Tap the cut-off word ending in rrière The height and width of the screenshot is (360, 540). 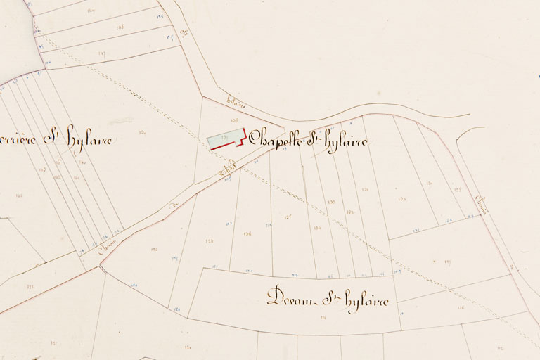19,139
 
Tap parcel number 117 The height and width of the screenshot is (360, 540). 447,262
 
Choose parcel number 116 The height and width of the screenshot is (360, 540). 461,307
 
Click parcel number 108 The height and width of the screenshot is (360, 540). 120,27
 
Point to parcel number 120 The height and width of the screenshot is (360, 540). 402,199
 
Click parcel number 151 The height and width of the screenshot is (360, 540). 53,342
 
